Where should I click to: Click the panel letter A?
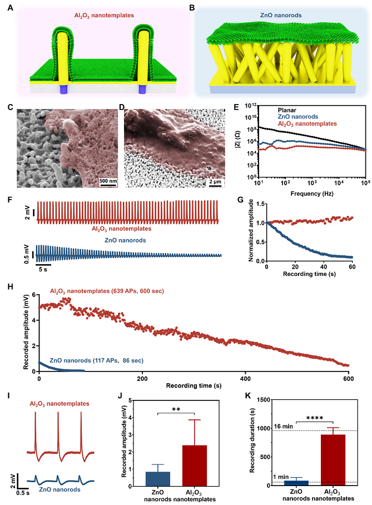pos(11,9)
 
